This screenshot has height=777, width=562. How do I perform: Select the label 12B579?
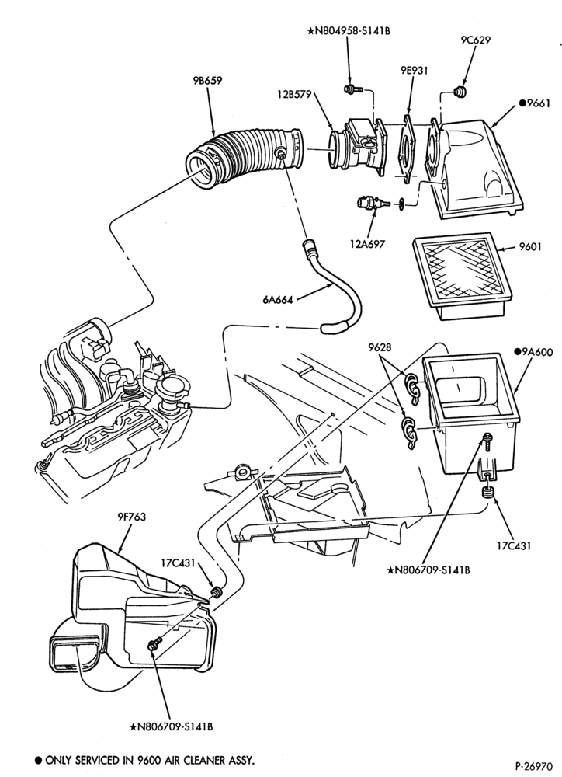tap(295, 94)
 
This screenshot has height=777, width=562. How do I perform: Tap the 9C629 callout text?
tap(475, 40)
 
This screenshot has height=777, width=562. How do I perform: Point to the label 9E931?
tap(414, 71)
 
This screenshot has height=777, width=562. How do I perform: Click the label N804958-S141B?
tap(349, 32)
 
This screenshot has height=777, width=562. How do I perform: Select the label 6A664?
tap(278, 299)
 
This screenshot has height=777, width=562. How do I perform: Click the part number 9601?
tap(530, 246)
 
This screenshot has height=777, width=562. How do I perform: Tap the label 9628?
tap(380, 347)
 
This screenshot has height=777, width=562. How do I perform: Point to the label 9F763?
tap(132, 517)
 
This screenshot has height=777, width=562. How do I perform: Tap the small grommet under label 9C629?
tap(461, 92)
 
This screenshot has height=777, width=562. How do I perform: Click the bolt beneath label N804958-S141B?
tap(352, 89)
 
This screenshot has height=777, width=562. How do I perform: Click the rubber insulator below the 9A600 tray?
tap(489, 493)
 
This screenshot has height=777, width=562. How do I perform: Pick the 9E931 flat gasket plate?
tap(407, 150)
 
